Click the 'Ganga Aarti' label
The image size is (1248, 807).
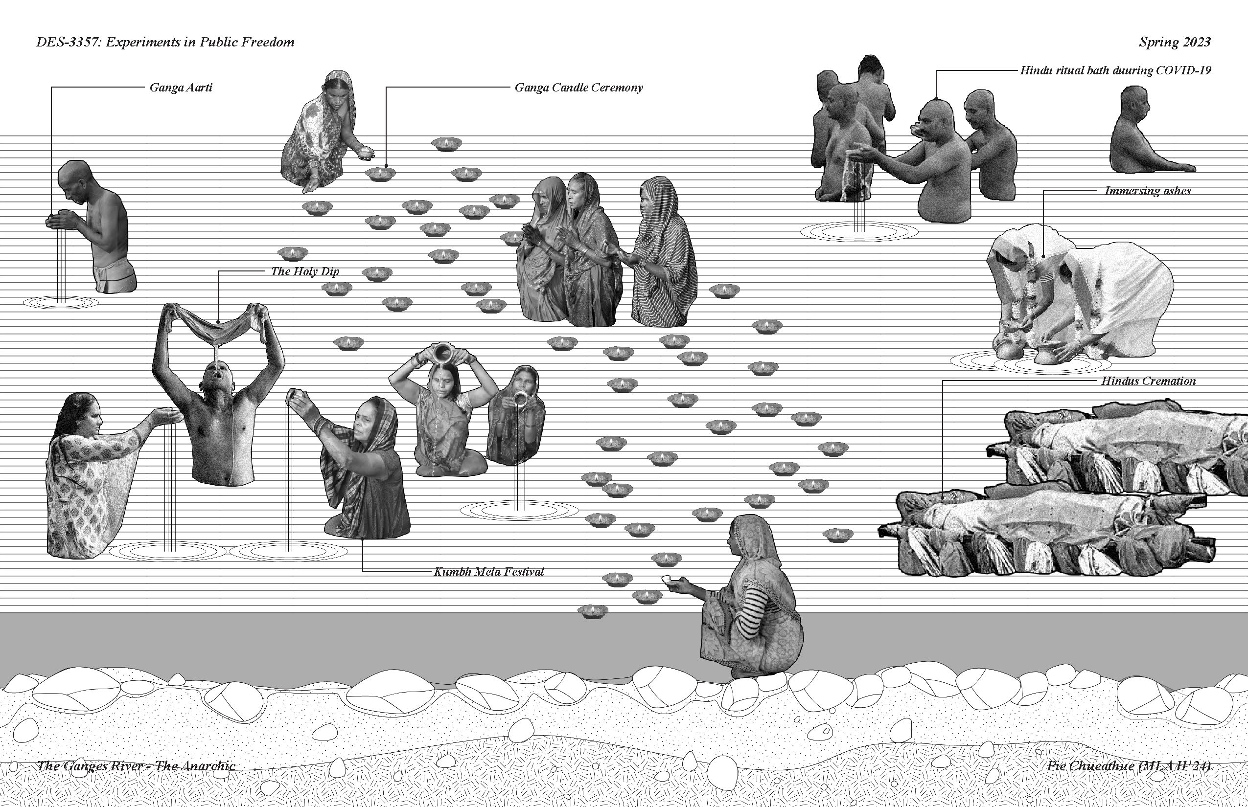(181, 88)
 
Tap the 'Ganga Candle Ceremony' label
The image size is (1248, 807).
(578, 88)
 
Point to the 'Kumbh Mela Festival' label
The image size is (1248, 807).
(489, 571)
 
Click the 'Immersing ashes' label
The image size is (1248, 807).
(1147, 191)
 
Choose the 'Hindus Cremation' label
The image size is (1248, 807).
(1148, 381)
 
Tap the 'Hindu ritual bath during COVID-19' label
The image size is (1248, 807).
(1115, 70)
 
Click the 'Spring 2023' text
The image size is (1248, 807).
(1175, 42)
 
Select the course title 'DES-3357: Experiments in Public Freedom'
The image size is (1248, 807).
(165, 42)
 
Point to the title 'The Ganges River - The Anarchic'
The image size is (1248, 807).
(136, 765)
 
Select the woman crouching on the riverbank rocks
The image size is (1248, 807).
(751, 597)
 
